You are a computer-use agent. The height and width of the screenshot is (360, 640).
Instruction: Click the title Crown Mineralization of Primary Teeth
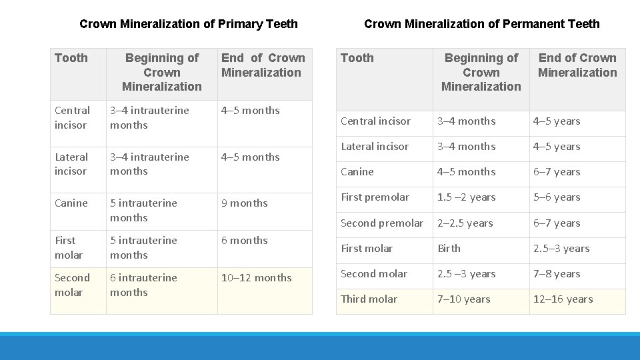point(189,24)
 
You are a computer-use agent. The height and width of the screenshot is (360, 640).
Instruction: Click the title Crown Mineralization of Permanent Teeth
point(481,24)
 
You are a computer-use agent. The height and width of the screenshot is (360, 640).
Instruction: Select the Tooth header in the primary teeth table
point(71,58)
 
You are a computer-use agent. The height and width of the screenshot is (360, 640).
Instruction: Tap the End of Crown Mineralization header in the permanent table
point(577,65)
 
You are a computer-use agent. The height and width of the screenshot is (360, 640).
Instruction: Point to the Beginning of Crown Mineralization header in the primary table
point(162,72)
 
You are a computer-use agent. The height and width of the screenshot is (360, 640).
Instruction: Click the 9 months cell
point(245,203)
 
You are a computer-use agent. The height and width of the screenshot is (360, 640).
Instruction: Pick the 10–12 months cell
point(257,278)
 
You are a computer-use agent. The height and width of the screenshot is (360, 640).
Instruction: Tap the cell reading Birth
point(449,249)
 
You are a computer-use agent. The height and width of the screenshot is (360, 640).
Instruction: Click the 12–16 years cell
point(563,299)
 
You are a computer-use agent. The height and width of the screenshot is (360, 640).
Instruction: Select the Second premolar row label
point(382,223)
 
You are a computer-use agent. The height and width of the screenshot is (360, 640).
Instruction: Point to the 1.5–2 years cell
point(466,197)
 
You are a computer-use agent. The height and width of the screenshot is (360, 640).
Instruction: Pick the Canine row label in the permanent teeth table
point(357,172)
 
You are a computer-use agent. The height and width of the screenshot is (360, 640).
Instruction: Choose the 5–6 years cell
point(557,197)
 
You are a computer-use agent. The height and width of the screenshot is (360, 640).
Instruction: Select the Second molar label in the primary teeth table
point(72,285)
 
